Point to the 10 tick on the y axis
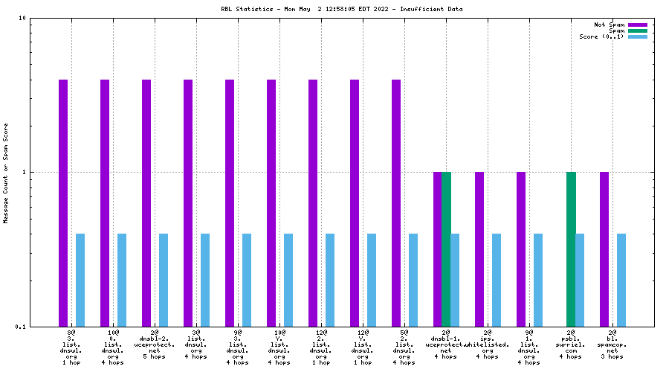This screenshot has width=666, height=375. [23, 18]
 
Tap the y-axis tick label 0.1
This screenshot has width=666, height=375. [21, 327]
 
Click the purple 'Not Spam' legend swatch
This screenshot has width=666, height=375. [638, 25]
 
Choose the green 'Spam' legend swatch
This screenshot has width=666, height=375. [638, 31]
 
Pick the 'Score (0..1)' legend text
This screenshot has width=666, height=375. [601, 36]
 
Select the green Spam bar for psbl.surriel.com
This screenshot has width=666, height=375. [571, 249]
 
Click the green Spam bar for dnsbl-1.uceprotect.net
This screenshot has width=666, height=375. [446, 249]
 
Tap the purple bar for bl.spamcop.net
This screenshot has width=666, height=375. [604, 249]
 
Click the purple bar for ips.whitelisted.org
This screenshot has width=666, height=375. [479, 249]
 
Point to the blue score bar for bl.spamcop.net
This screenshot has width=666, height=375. [621, 280]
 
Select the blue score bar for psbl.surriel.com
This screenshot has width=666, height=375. [580, 280]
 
